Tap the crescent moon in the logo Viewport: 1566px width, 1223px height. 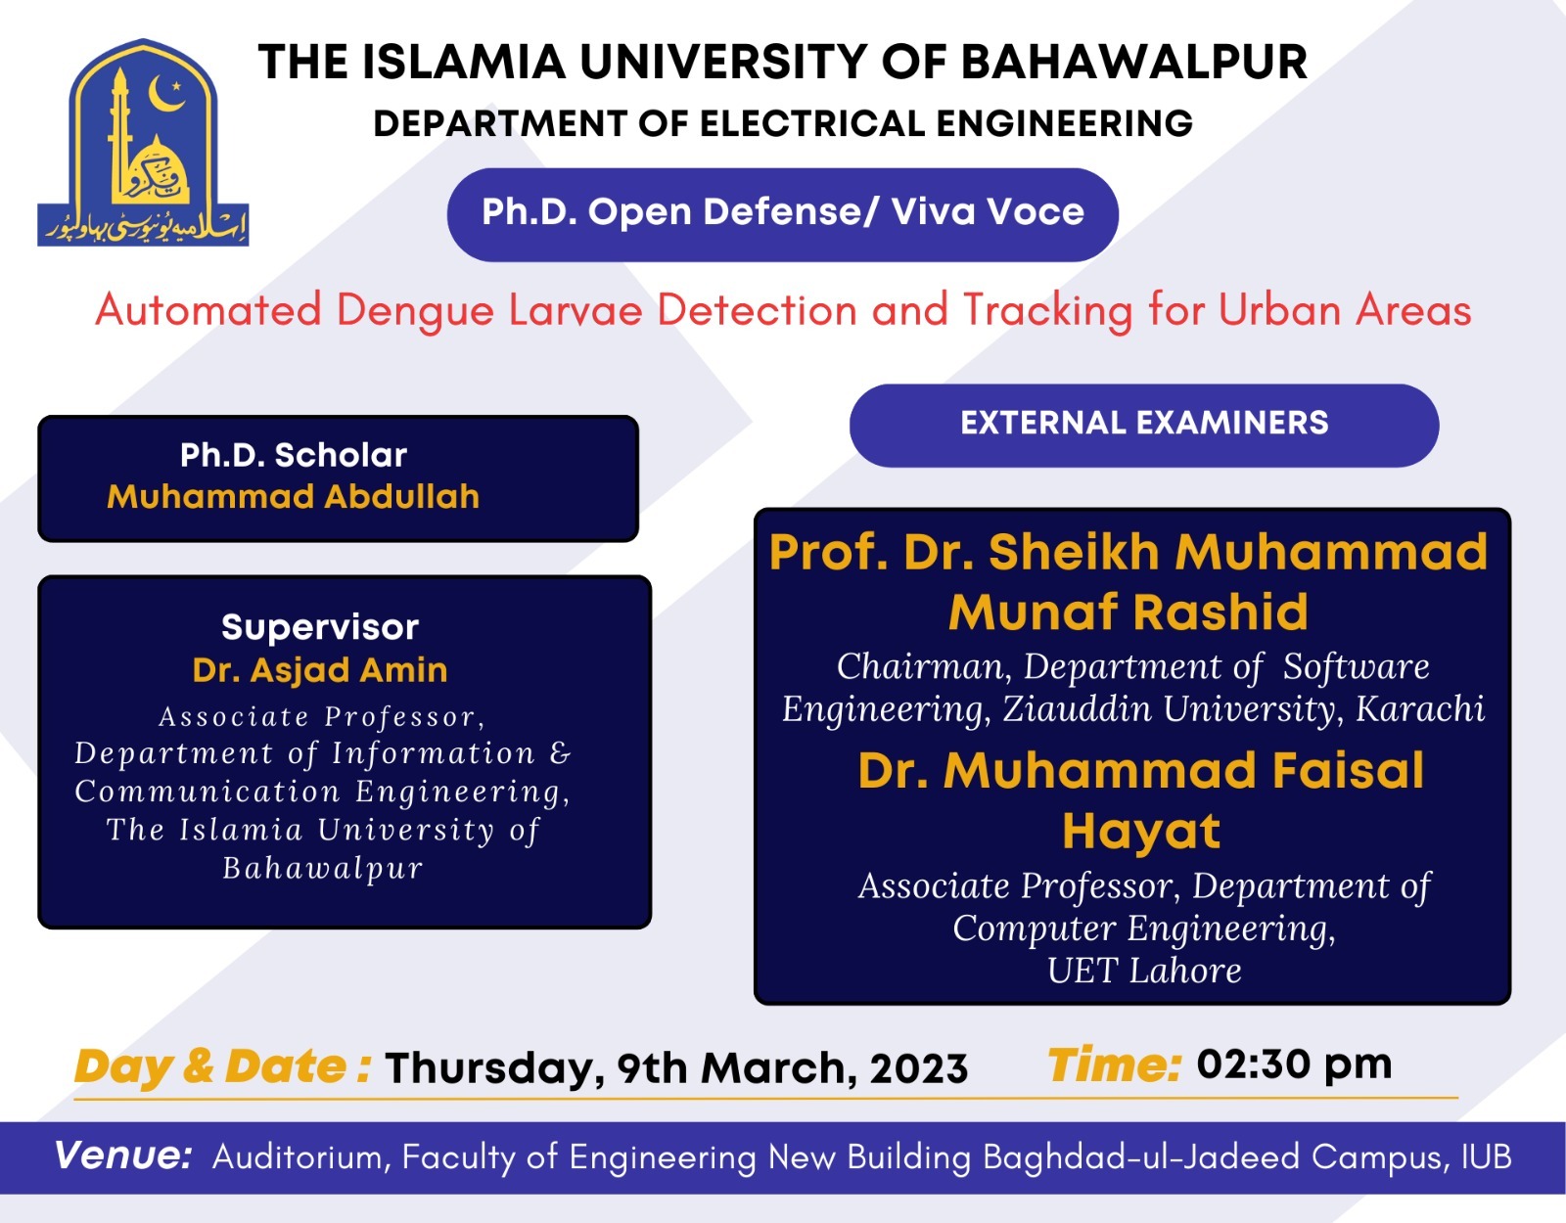(164, 95)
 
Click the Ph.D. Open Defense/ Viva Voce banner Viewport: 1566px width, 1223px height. (782, 213)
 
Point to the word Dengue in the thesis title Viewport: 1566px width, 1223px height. (415, 312)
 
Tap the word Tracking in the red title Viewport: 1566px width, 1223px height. (1046, 312)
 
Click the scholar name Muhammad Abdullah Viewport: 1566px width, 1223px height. (294, 497)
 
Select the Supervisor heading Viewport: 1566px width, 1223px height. (320, 627)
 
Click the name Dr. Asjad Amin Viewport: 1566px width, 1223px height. (320, 670)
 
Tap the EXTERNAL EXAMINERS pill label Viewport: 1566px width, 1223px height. (1143, 424)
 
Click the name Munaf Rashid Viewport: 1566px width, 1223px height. (1128, 612)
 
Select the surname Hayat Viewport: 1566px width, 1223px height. (1141, 832)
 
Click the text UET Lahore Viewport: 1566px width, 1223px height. (1143, 971)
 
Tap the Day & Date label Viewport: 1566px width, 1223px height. (221, 1066)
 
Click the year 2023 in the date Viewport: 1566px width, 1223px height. (919, 1068)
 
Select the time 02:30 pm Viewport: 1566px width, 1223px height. (1294, 1064)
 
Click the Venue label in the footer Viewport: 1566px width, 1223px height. (123, 1156)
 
